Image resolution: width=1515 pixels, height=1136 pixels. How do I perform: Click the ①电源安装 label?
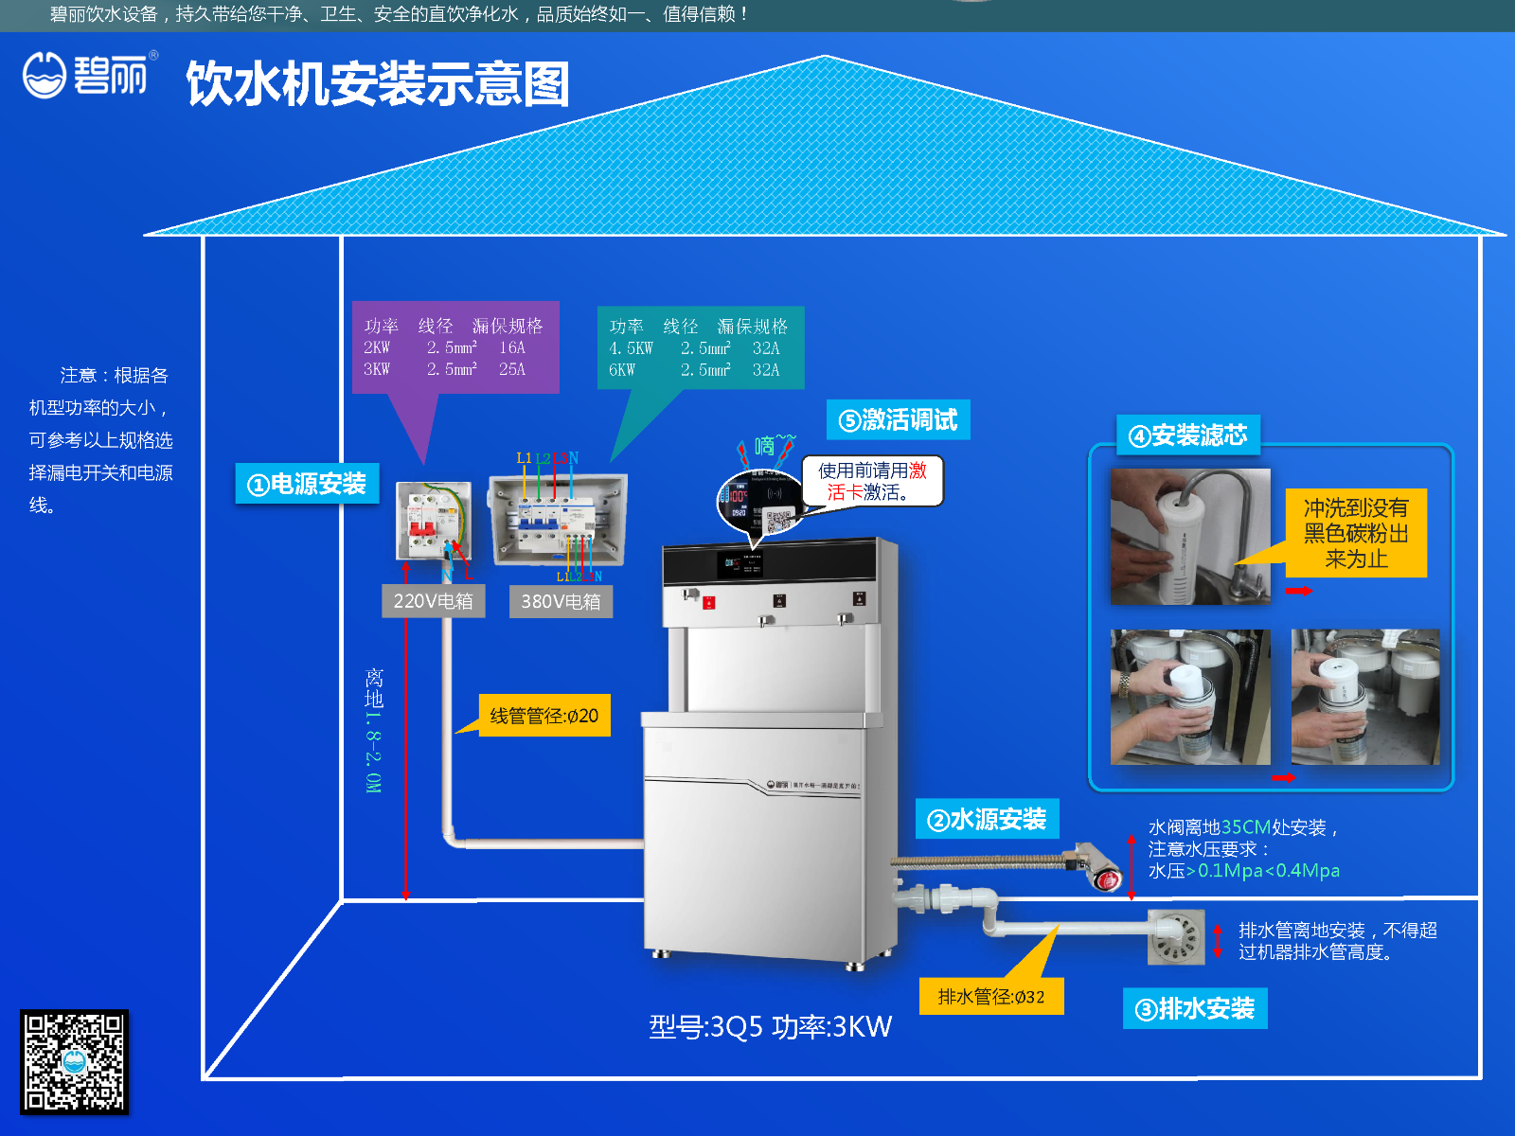tap(307, 484)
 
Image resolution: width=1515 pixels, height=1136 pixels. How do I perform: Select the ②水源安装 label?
tap(987, 819)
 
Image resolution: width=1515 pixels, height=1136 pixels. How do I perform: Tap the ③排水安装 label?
tap(1195, 1008)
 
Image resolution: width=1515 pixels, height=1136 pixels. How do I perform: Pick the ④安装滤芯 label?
tap(1188, 435)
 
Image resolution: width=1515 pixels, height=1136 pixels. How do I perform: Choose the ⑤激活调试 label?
tap(898, 419)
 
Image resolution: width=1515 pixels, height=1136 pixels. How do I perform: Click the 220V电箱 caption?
tap(433, 601)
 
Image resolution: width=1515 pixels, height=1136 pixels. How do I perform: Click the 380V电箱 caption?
tap(561, 601)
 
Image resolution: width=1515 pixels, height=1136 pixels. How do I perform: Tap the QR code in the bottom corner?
tap(74, 1061)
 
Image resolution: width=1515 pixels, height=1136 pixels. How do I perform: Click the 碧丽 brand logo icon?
tap(45, 74)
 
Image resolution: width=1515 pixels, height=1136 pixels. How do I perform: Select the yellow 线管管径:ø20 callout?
tap(544, 716)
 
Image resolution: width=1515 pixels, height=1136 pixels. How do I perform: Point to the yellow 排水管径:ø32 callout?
tap(991, 996)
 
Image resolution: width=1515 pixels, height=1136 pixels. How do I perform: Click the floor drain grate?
tap(1176, 936)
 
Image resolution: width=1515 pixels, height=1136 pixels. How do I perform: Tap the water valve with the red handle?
tap(1100, 868)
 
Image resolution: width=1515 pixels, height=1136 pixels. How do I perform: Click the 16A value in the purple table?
tap(512, 347)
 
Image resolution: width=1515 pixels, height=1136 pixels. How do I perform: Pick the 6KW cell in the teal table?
tap(622, 370)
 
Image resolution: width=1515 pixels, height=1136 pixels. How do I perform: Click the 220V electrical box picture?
tap(433, 521)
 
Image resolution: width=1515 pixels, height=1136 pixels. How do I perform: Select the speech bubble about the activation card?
tap(872, 481)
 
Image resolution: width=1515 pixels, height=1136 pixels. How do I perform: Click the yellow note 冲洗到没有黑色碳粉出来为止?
tap(1356, 533)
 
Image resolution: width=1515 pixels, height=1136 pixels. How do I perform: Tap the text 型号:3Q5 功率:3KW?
tap(770, 1026)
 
